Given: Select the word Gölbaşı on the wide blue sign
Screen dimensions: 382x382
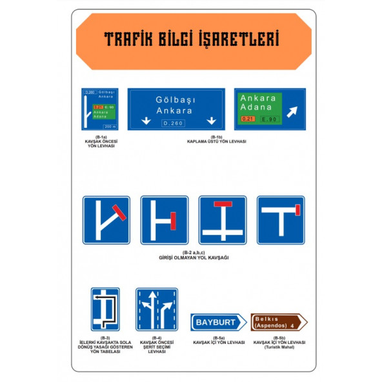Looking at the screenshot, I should click(x=176, y=99).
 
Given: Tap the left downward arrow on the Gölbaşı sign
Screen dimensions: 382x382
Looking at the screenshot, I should click(x=146, y=121).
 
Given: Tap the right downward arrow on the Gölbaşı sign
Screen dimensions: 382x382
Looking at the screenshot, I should click(x=210, y=121).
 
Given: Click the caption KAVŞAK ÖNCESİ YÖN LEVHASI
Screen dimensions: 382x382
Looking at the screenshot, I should click(x=99, y=143).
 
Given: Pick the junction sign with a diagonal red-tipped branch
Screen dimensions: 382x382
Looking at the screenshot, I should click(x=106, y=220).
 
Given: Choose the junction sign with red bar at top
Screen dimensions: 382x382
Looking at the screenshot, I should click(x=222, y=220).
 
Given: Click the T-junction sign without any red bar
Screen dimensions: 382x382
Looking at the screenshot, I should click(x=280, y=220).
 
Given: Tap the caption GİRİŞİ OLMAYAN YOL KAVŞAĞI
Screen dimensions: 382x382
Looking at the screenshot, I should click(x=194, y=257).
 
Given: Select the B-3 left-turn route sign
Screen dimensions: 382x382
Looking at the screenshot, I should click(x=105, y=309).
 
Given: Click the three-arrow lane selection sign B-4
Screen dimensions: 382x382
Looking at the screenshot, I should click(x=156, y=309).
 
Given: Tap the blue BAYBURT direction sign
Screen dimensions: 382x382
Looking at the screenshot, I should click(x=217, y=321).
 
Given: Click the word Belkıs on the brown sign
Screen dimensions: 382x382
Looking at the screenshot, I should click(x=265, y=317).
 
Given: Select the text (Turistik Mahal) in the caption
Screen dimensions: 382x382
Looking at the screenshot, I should click(x=279, y=347).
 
